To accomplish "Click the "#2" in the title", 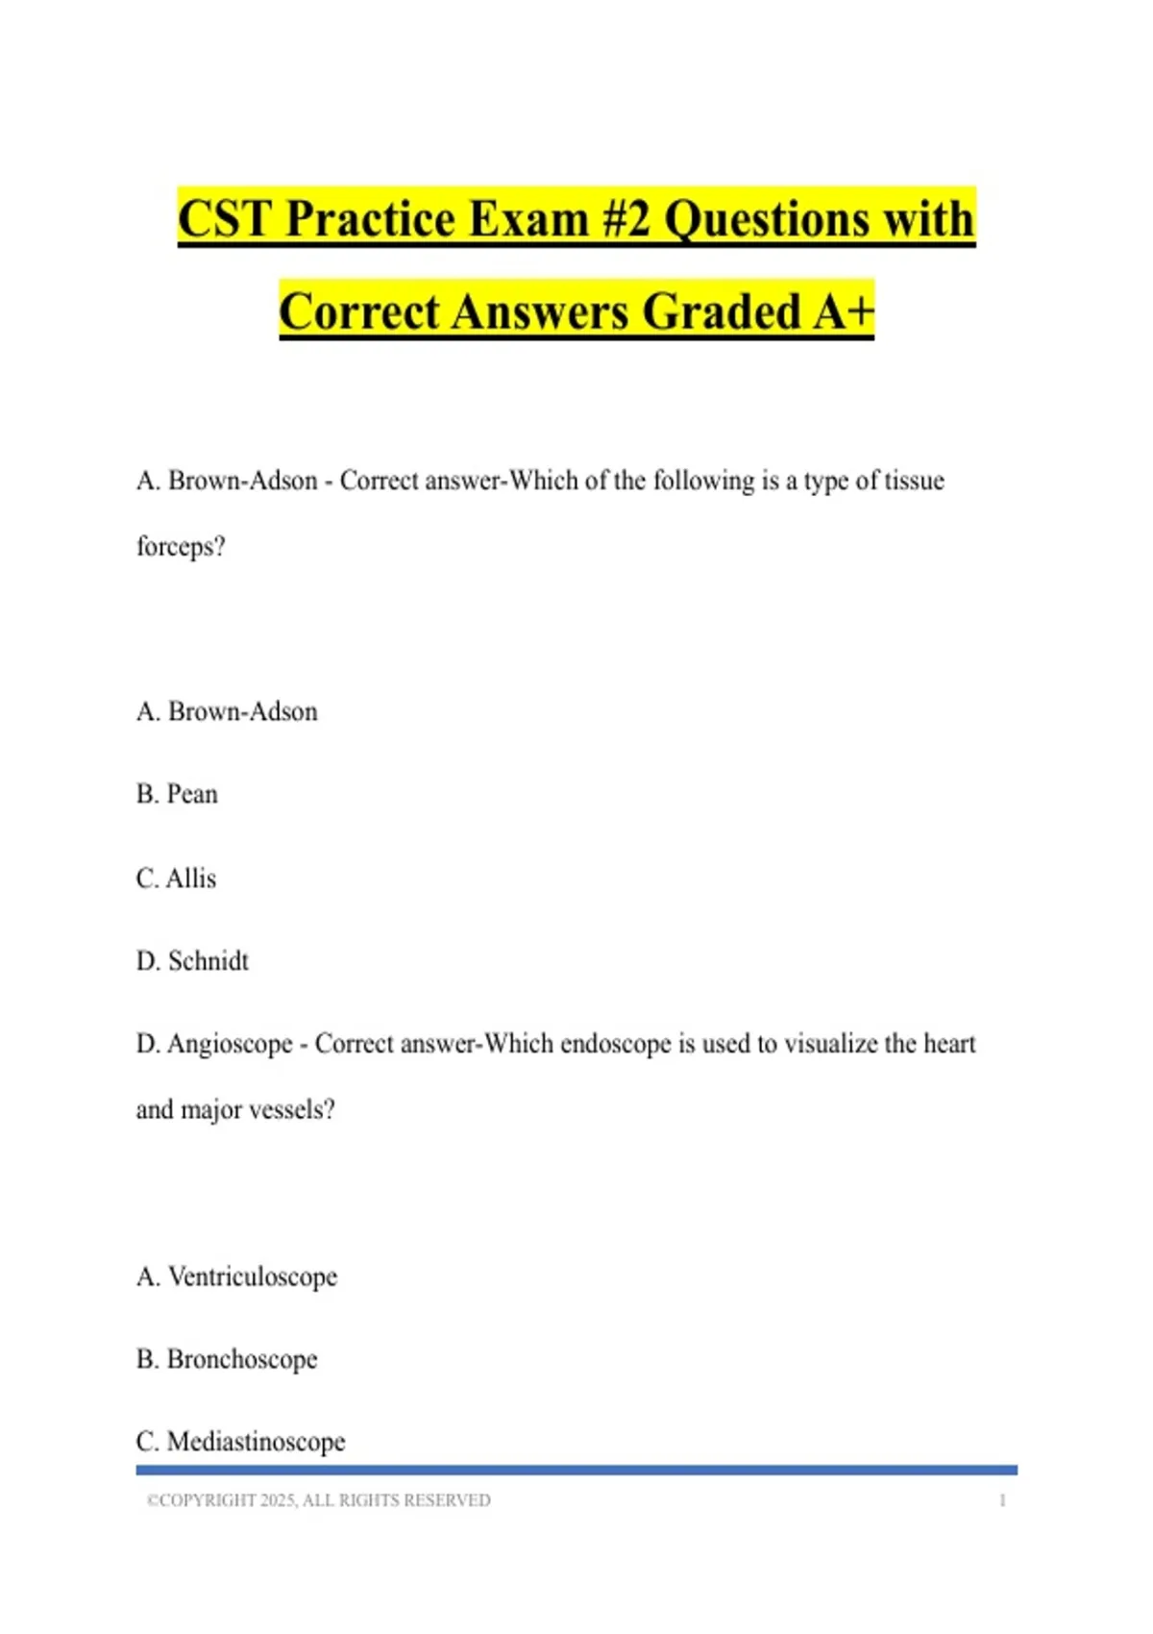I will point(626,219).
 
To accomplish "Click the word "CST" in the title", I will point(225,219).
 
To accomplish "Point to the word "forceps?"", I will point(181,547).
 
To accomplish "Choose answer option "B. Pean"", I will point(178,794).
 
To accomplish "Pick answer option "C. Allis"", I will point(177,879).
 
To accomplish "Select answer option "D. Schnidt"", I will point(193,961).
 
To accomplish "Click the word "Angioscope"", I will point(230,1044).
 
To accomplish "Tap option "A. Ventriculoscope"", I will point(237,1276).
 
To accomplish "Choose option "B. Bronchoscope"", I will point(227,1359).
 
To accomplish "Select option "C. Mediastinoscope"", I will point(241,1442).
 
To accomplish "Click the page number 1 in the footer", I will point(1002,1500).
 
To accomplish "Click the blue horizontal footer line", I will point(576,1470).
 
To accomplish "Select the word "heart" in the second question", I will point(948,1044).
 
